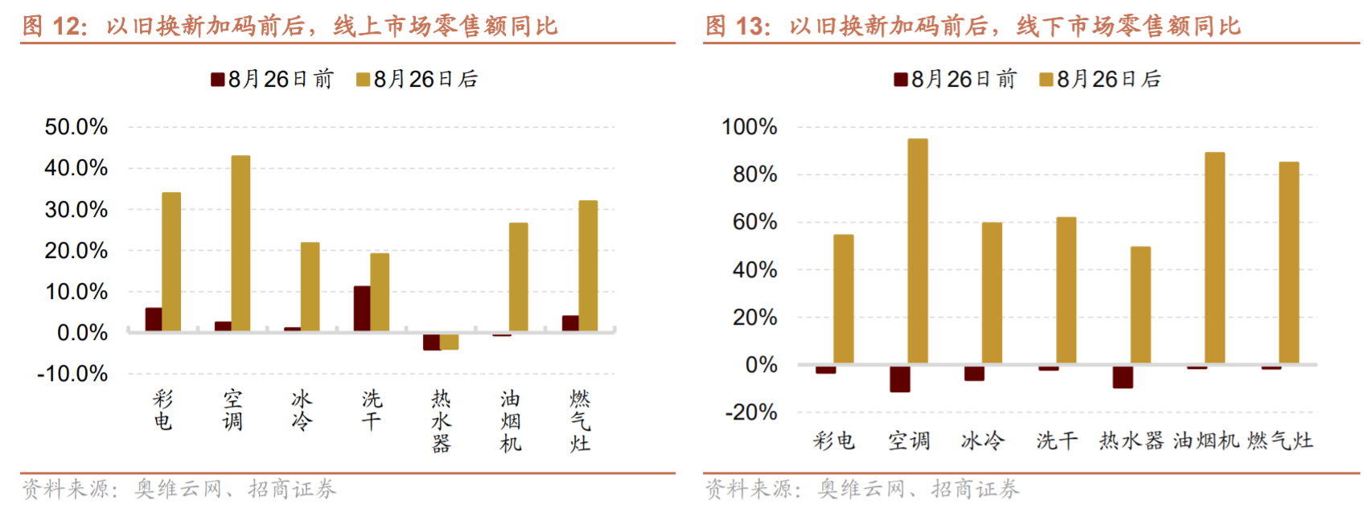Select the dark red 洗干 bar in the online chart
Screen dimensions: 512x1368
pos(362,308)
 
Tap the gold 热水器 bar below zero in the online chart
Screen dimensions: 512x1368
pos(450,341)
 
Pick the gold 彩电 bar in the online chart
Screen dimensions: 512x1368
pos(171,261)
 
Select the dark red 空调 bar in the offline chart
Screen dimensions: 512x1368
pos(900,379)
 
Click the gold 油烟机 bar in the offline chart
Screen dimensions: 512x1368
pos(1214,257)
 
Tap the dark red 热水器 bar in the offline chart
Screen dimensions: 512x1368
pos(1123,377)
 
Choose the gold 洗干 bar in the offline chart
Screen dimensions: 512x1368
pos(1066,290)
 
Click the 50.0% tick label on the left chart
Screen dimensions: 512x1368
pos(76,127)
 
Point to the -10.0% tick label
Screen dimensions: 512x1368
pos(72,374)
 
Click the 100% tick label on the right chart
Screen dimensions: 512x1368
pos(749,127)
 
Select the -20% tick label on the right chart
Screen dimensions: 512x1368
pos(751,412)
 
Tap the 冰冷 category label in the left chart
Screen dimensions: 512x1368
pos(302,410)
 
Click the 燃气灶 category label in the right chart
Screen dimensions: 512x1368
pos(1280,440)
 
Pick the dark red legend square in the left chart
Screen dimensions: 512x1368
pos(217,80)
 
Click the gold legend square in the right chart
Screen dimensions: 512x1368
pos(1046,80)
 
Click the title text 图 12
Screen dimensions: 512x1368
pos(54,26)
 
